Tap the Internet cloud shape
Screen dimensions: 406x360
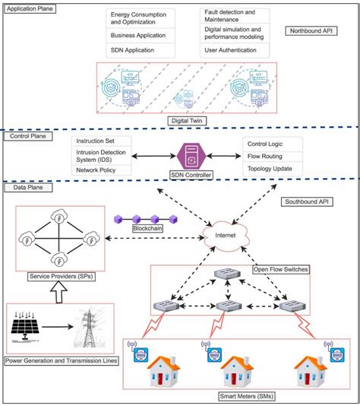click(x=226, y=236)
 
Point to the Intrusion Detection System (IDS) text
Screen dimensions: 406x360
click(x=105, y=157)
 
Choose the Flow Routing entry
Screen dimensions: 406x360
click(x=265, y=155)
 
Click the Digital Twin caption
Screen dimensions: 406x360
click(x=187, y=119)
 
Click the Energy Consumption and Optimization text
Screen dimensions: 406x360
click(x=138, y=18)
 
